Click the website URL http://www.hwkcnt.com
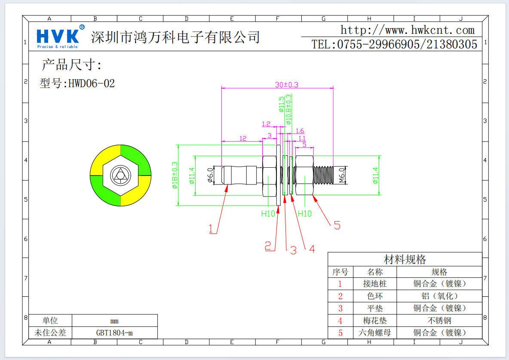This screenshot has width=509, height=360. (407, 30)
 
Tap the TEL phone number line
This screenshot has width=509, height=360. (394, 44)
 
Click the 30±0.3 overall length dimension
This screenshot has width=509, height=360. (286, 85)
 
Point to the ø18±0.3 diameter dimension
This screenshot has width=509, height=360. (175, 175)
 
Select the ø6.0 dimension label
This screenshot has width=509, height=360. (210, 175)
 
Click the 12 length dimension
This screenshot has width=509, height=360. (243, 138)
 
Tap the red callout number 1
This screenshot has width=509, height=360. (211, 229)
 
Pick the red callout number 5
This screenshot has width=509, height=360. (337, 225)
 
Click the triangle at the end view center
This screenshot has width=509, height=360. (120, 175)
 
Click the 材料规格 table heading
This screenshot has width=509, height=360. (405, 259)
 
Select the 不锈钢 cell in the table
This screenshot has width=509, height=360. (439, 320)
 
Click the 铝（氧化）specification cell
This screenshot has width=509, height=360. (439, 296)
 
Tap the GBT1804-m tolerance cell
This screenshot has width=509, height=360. (114, 332)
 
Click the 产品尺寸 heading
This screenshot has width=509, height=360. (71, 65)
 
